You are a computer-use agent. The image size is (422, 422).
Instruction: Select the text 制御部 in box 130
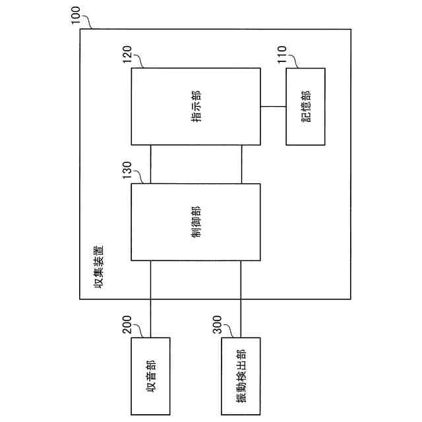click(x=196, y=222)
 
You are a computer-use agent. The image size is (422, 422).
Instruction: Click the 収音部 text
click(x=151, y=376)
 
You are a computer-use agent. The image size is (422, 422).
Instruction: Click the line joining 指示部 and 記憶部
click(x=274, y=106)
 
